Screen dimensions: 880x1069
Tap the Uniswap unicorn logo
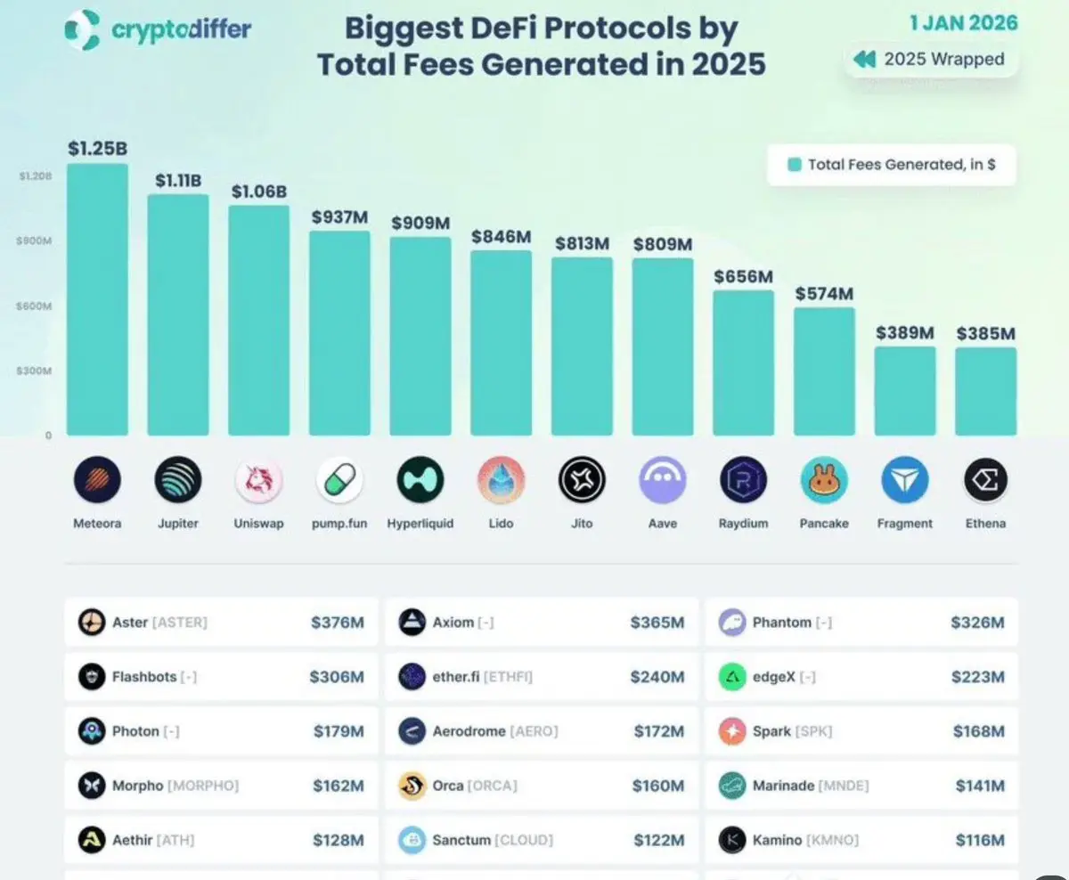pyautogui.click(x=258, y=481)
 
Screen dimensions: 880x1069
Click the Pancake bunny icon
pyautogui.click(x=824, y=481)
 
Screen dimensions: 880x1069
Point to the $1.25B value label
pyautogui.click(x=97, y=149)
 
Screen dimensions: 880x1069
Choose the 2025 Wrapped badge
pyautogui.click(x=930, y=60)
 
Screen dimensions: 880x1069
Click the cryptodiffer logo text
pyautogui.click(x=181, y=29)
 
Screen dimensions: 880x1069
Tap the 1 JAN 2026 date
pyautogui.click(x=963, y=23)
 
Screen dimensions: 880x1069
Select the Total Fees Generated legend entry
pyautogui.click(x=891, y=165)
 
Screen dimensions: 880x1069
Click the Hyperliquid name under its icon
pyautogui.click(x=420, y=524)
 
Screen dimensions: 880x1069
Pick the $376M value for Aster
pyautogui.click(x=337, y=623)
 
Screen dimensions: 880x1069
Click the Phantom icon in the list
pyautogui.click(x=732, y=623)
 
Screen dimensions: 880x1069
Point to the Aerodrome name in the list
pyautogui.click(x=468, y=731)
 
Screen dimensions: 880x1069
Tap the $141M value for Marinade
pyautogui.click(x=979, y=786)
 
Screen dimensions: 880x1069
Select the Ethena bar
pyautogui.click(x=985, y=392)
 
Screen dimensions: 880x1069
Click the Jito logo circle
pyautogui.click(x=582, y=481)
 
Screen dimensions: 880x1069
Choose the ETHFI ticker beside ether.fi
pyautogui.click(x=508, y=677)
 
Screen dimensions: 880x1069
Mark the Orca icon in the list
pyautogui.click(x=412, y=786)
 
